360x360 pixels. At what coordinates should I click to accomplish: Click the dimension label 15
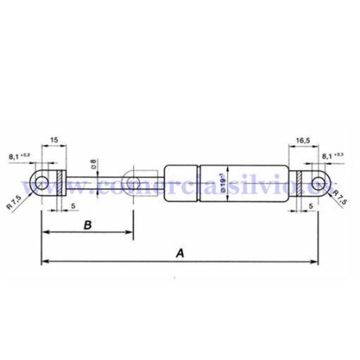click(54, 139)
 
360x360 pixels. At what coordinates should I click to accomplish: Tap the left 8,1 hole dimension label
click(19, 155)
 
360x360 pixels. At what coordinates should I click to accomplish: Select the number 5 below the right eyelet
click(309, 205)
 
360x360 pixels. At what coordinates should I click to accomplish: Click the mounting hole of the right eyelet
click(319, 184)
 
